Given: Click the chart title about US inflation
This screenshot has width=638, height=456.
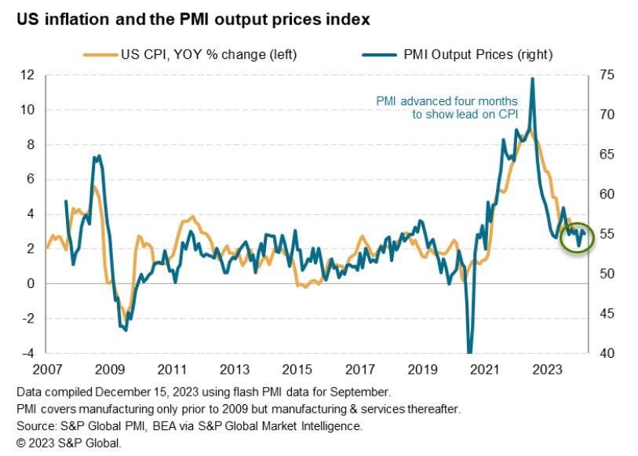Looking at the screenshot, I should [x=192, y=18].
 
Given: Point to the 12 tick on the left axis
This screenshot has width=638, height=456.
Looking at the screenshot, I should [x=28, y=75].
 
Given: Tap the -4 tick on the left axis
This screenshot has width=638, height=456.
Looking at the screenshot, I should [x=28, y=353].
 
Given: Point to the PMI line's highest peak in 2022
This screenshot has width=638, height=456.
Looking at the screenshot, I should [x=533, y=78].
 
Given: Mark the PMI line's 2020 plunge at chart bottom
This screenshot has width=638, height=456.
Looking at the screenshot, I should [x=470, y=350].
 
